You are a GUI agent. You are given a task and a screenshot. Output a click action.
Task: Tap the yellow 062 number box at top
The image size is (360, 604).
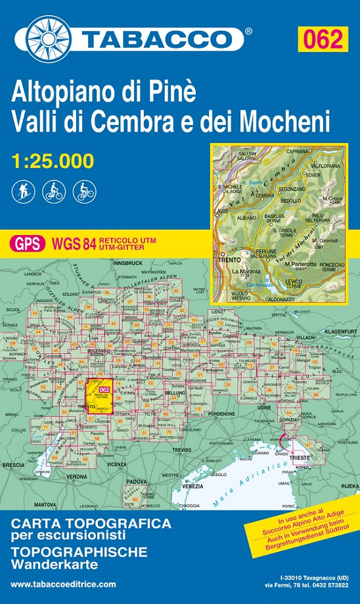pyautogui.click(x=321, y=39)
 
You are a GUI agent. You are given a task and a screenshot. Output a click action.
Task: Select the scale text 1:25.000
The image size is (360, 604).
pyautogui.click(x=53, y=160)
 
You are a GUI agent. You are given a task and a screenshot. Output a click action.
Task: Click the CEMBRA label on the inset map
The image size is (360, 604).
pyautogui.click(x=265, y=196)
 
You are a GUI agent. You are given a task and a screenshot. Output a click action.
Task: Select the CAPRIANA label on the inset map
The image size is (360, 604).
pyautogui.click(x=298, y=150)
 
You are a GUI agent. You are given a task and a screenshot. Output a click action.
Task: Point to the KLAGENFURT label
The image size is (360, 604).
pyautogui.click(x=339, y=332)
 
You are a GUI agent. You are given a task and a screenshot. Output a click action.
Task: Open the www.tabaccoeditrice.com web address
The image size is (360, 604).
pyautogui.click(x=64, y=584)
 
